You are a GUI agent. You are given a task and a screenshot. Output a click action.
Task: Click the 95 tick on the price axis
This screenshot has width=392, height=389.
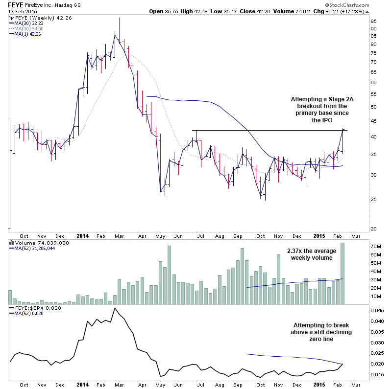[x=373, y=22]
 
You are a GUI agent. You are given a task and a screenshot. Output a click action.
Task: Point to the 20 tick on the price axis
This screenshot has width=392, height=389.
[x=373, y=229]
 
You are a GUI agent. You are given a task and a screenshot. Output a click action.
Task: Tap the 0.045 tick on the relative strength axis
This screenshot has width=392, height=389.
[x=377, y=310]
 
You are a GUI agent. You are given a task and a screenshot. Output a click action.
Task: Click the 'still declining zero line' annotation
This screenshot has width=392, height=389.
[x=314, y=332]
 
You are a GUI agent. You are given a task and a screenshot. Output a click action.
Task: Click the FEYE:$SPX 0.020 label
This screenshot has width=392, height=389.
[x=32, y=309]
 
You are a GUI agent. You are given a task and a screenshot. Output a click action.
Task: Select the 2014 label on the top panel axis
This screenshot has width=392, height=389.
[x=83, y=235]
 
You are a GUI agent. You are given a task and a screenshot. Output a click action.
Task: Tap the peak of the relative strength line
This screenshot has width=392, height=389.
[x=115, y=308]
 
